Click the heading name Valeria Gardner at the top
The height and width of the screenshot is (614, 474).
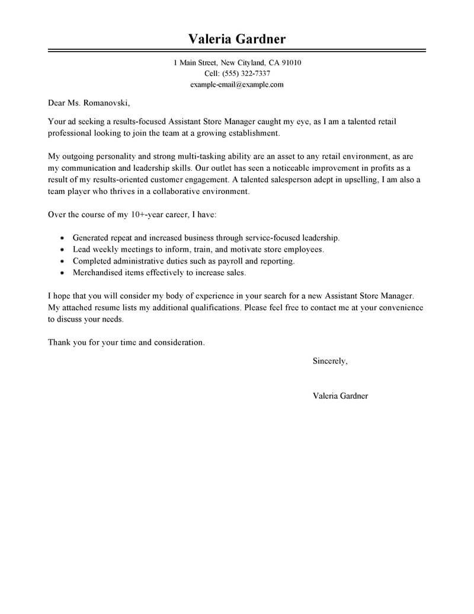click(237, 39)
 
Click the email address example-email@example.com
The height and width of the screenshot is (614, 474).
click(237, 85)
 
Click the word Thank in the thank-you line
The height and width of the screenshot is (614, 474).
click(59, 342)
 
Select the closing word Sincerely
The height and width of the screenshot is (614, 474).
click(329, 361)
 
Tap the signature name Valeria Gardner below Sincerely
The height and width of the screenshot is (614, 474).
click(340, 396)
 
